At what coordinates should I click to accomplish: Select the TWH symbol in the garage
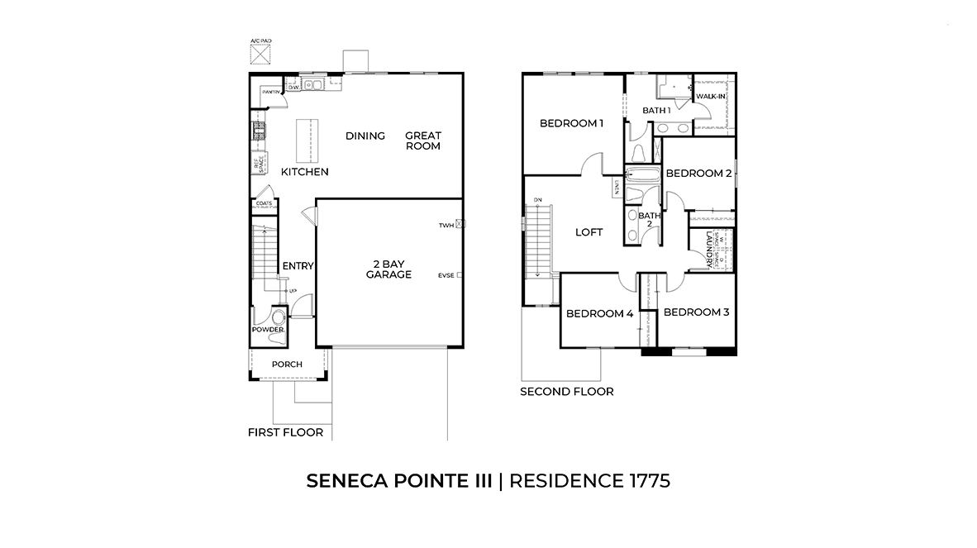pos(460,224)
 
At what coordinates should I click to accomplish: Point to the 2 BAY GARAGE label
pos(388,269)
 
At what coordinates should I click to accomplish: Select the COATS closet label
pos(265,203)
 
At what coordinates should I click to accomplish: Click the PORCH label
pos(287,365)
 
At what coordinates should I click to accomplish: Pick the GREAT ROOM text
pos(422,141)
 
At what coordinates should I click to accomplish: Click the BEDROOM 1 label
pos(571,123)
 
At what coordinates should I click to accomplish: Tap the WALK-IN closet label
pos(711,97)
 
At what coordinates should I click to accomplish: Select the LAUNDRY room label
pos(708,248)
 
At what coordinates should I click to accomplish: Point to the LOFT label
pos(589,232)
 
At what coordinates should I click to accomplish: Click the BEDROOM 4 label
pos(599,313)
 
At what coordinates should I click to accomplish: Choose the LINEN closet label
pos(616,188)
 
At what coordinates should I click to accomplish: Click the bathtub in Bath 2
pos(641,174)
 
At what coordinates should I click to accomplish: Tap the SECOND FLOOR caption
pos(566,391)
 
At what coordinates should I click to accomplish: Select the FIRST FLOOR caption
pos(285,432)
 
